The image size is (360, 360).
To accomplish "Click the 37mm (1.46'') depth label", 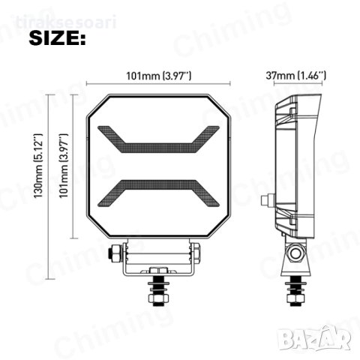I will click(296, 75).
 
